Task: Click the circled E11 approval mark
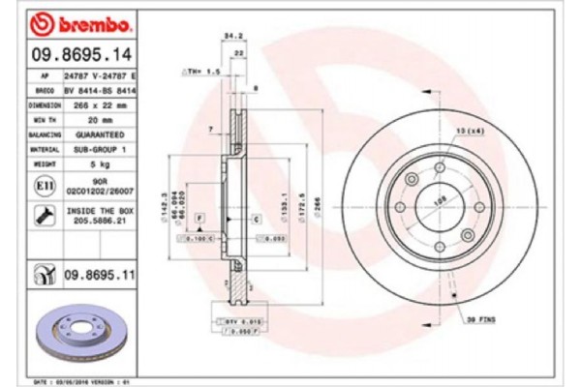pyautogui.click(x=45, y=186)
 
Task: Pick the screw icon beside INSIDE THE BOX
pyautogui.click(x=45, y=214)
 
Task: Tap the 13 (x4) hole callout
pyautogui.click(x=469, y=131)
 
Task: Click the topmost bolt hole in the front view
pyautogui.click(x=440, y=168)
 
